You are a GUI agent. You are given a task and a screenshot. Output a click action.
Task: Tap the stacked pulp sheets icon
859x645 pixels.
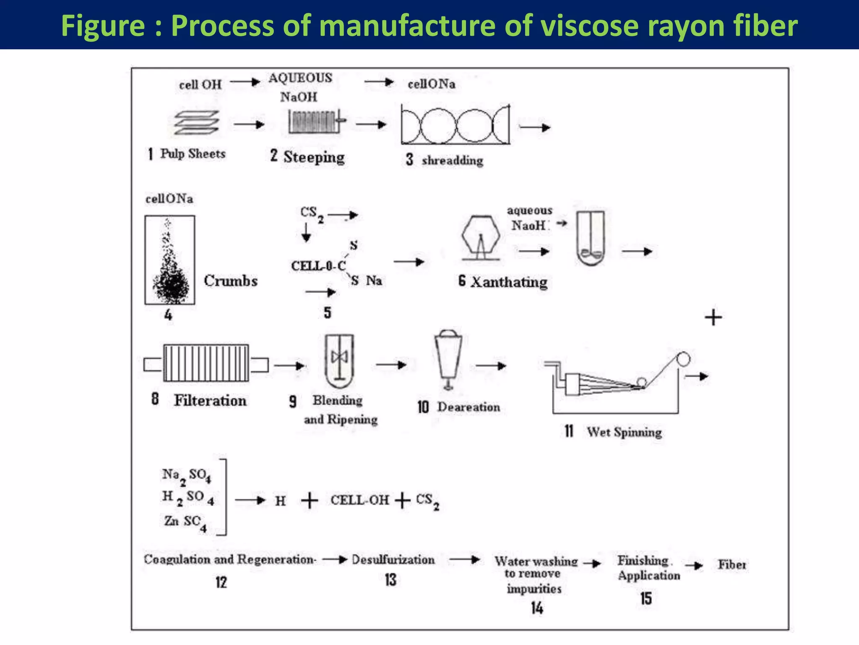[x=197, y=123]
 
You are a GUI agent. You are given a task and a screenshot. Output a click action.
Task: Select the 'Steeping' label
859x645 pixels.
[x=314, y=157]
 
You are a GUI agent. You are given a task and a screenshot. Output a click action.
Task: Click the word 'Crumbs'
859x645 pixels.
[x=231, y=281]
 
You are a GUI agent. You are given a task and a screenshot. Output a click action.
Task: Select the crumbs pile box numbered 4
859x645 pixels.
[x=170, y=260]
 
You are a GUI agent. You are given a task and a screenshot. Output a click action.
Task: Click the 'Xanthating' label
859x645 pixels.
[x=509, y=282]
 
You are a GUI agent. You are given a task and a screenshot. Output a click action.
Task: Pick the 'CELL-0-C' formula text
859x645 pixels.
[x=318, y=266]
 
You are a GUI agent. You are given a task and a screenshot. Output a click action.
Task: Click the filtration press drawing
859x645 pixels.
[x=206, y=363]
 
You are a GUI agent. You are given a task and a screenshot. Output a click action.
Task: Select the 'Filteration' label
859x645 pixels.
[x=210, y=401]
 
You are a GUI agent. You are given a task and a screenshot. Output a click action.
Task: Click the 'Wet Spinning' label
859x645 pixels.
[x=624, y=432]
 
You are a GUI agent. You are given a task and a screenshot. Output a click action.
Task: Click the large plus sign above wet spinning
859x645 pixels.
[x=713, y=317]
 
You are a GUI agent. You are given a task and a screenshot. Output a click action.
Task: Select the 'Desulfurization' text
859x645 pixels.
[x=393, y=560]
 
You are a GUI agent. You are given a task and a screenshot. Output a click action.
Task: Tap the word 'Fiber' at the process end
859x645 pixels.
[x=732, y=565]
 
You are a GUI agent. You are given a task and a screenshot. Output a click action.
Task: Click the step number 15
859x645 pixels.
[x=646, y=598]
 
